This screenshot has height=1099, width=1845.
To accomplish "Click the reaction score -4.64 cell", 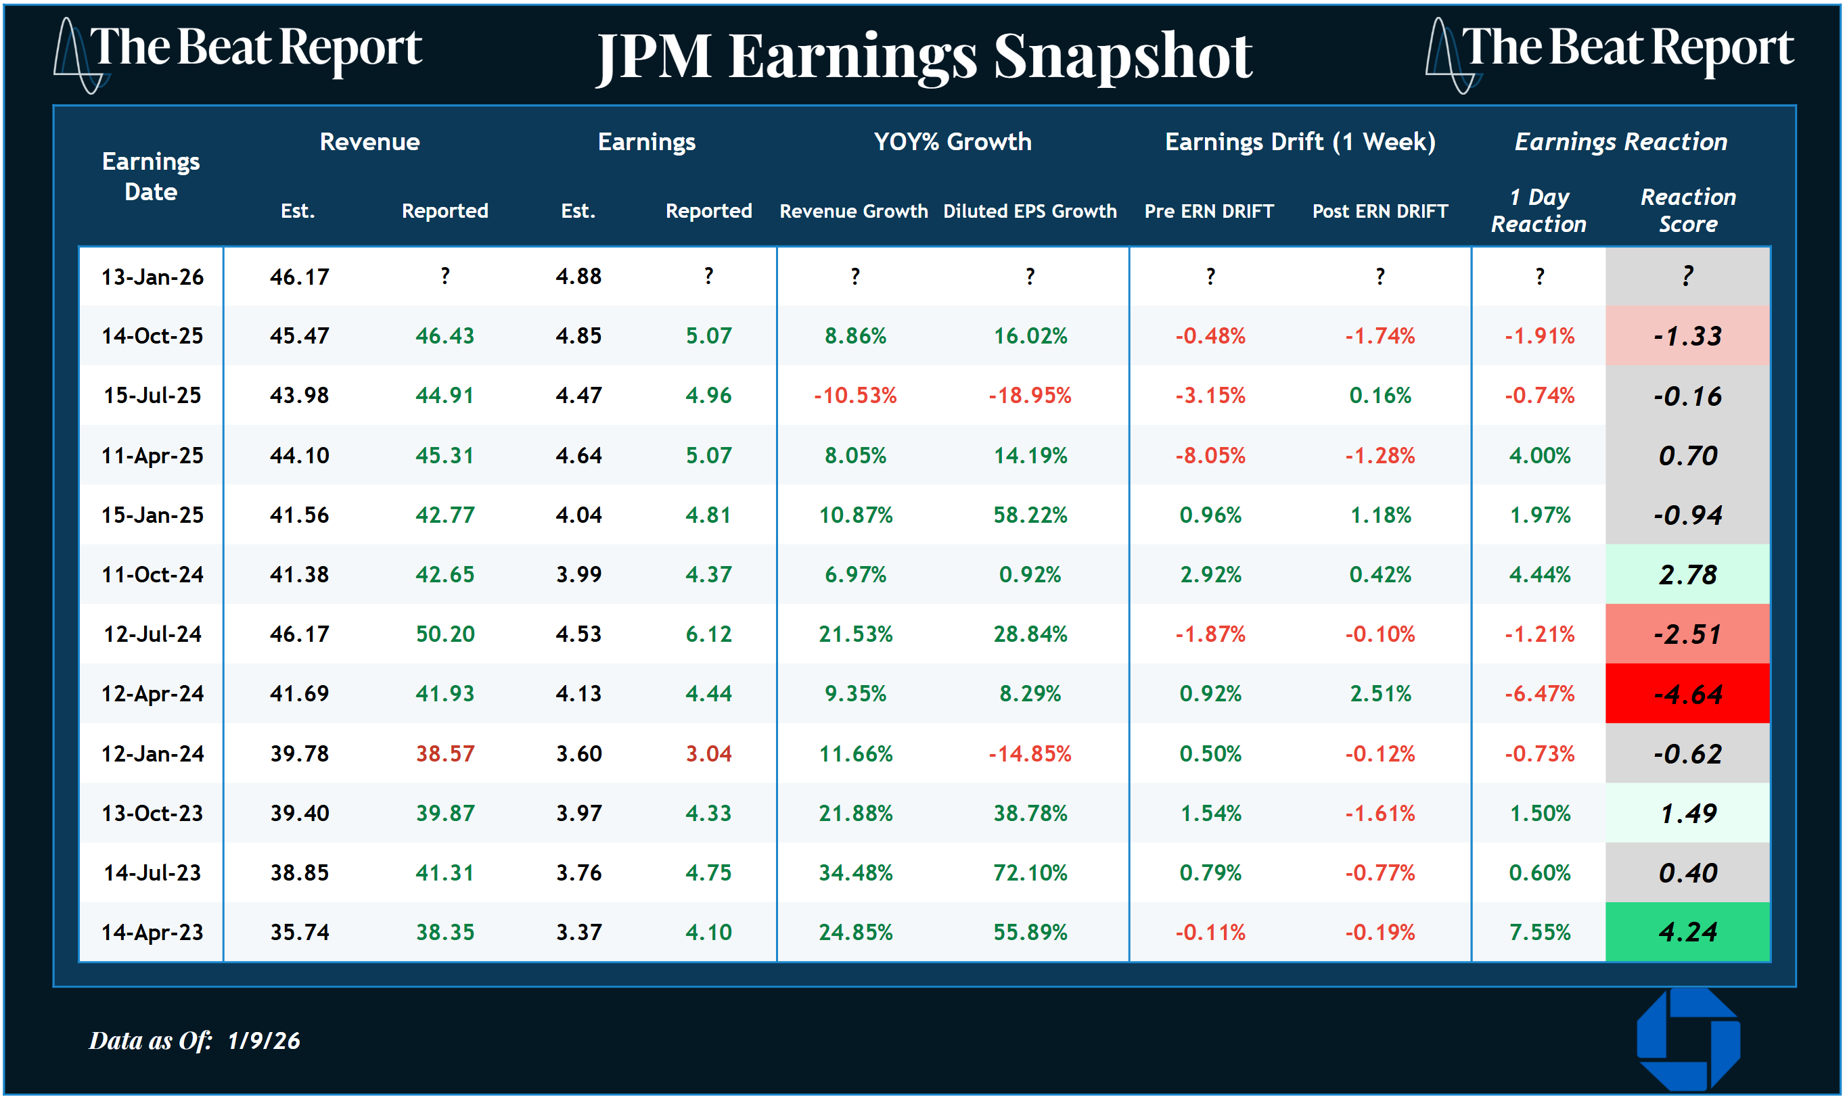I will (x=1687, y=694).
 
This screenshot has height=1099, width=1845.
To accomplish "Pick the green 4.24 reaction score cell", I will (x=1687, y=932).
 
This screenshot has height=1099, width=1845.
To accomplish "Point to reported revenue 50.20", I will (x=445, y=634).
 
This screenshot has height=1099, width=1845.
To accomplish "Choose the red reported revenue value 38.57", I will (x=445, y=753).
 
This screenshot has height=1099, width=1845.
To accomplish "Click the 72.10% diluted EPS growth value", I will (x=1030, y=872).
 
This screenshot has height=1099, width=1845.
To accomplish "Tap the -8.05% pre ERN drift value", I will (x=1210, y=454).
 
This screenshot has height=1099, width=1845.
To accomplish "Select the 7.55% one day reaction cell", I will (x=1539, y=932).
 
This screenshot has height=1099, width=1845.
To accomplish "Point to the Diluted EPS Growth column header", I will (x=1030, y=211).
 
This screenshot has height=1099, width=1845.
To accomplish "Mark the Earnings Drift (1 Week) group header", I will (x=1300, y=141).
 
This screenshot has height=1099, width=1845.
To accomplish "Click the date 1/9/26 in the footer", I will (x=264, y=1040).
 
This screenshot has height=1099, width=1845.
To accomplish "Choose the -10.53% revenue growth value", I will (x=855, y=395).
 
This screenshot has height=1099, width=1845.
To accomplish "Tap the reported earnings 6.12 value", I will (x=708, y=634).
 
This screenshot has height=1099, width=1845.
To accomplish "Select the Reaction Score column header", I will (x=1687, y=210).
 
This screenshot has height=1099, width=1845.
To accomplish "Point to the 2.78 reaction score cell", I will (x=1687, y=575).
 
